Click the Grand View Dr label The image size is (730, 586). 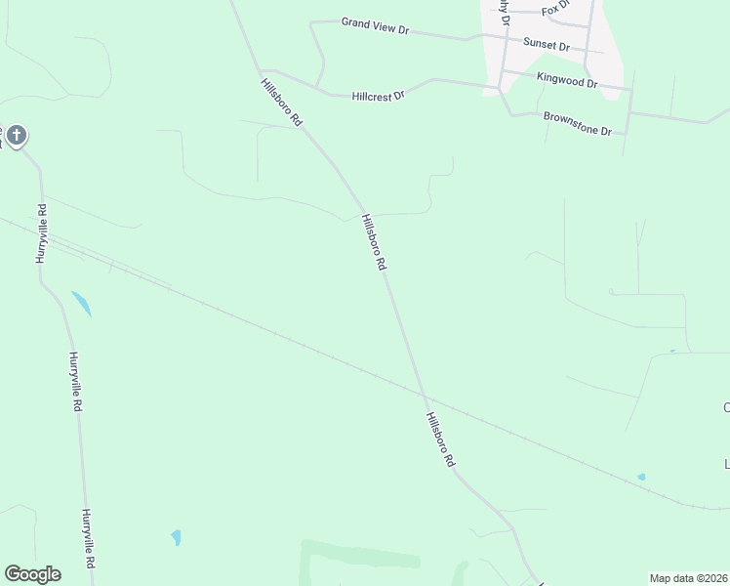click(375, 25)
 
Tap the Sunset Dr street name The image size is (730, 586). click(547, 45)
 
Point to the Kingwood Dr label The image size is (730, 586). click(567, 80)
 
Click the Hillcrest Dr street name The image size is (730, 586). click(379, 93)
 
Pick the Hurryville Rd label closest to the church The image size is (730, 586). click(42, 230)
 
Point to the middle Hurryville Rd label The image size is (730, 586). click(73, 382)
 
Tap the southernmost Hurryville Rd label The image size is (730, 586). click(88, 538)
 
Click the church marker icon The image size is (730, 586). click(17, 136)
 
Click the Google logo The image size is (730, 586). click(32, 574)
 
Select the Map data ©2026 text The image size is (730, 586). click(688, 578)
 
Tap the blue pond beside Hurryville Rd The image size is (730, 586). click(81, 303)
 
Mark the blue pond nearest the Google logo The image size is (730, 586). click(176, 537)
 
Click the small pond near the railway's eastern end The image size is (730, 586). click(641, 477)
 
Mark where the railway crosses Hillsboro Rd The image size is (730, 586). click(423, 394)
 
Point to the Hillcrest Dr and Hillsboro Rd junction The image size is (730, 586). click(264, 71)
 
